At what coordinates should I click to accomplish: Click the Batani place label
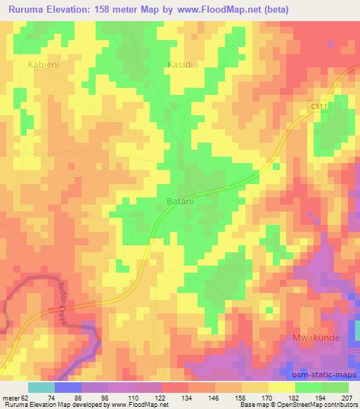(180, 201)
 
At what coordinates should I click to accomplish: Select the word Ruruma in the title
(30, 9)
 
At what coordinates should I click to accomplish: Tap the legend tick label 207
(347, 397)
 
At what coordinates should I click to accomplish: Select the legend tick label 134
(188, 397)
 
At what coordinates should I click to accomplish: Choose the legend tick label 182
(294, 397)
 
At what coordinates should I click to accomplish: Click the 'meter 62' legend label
(16, 397)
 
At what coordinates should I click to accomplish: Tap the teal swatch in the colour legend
(41, 387)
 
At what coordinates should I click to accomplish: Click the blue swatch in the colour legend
(68, 387)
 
